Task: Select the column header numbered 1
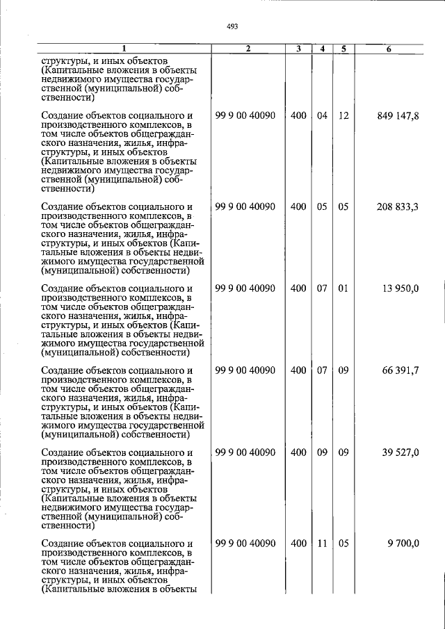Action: [x=123, y=49]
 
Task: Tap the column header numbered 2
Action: [x=247, y=49]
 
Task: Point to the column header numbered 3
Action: [x=298, y=49]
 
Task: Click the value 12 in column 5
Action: [x=343, y=116]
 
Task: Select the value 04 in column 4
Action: [x=322, y=116]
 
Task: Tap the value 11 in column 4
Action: [x=322, y=544]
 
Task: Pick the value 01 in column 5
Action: [x=343, y=288]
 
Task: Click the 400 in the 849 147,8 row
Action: [x=298, y=116]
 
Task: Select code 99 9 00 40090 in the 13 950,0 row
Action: [x=246, y=288]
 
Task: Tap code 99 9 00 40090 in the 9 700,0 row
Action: [x=246, y=544]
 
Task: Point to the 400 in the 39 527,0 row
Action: [x=298, y=452]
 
